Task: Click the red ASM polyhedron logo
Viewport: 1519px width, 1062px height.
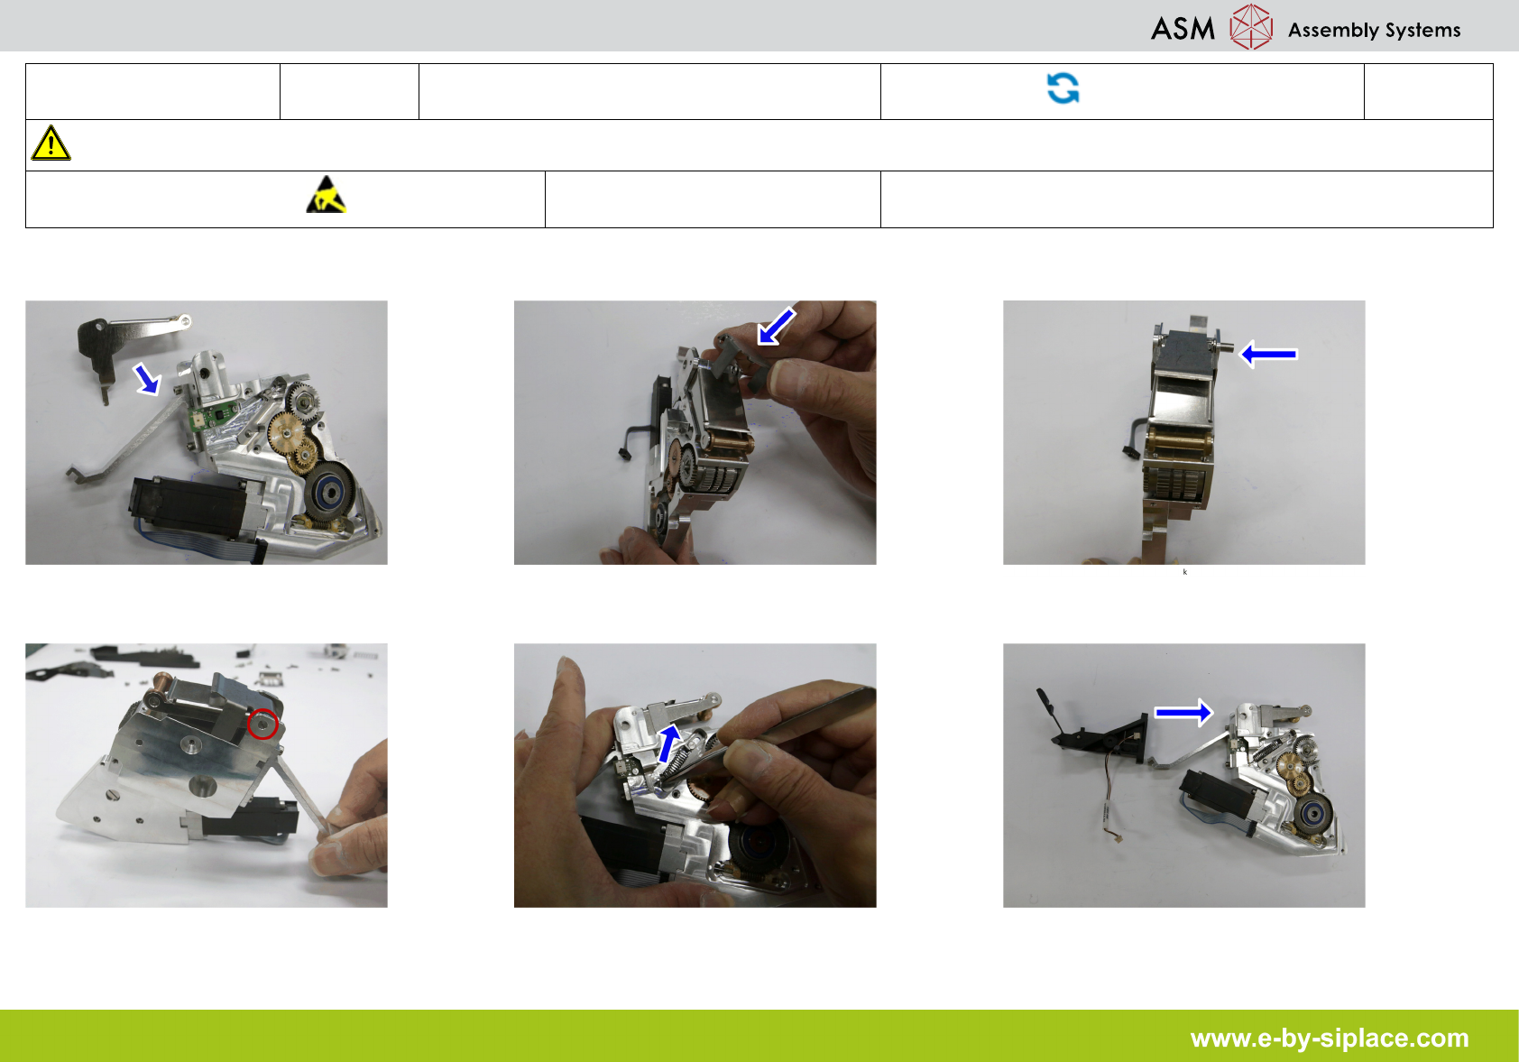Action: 1251,26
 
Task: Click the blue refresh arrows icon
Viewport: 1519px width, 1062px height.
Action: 1063,88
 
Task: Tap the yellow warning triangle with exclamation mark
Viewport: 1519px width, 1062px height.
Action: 51,143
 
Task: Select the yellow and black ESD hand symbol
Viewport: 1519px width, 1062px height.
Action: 327,195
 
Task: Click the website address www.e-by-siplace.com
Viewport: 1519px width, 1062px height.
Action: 1330,1038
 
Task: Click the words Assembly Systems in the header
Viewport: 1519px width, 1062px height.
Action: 1374,30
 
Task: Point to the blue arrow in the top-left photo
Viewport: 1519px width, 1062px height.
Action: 146,379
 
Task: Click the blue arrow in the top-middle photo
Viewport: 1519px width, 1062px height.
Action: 776,327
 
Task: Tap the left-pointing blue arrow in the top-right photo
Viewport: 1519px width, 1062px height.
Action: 1268,354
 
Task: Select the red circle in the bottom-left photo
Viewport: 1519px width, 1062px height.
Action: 262,724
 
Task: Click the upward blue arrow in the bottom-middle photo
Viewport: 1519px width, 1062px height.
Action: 669,743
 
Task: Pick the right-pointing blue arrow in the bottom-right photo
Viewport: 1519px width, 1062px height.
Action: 1183,712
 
